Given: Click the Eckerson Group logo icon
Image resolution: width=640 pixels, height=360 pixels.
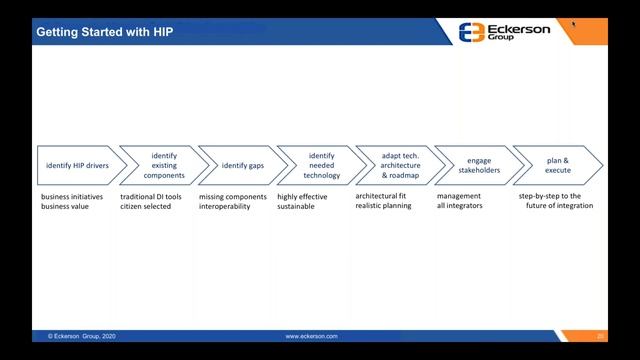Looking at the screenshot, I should [x=471, y=31].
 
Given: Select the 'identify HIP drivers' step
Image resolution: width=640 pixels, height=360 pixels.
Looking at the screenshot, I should [x=78, y=165].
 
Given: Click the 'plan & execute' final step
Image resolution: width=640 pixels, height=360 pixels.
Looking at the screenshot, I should [x=557, y=165].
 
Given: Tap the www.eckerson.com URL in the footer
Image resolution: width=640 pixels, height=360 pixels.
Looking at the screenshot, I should [x=311, y=337].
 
